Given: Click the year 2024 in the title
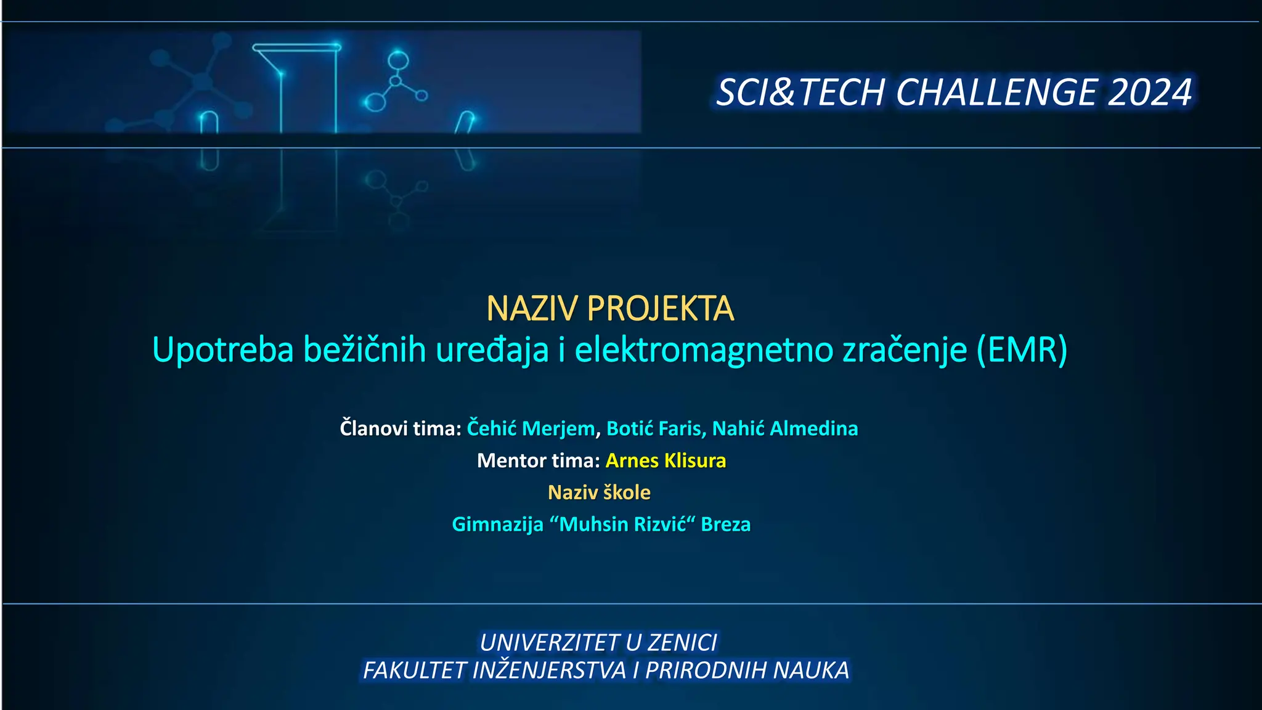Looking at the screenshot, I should click(x=1150, y=92).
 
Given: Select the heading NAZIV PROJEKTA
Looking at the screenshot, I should click(x=610, y=308).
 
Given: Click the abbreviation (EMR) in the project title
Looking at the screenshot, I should click(x=1022, y=349).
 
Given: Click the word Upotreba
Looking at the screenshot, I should click(x=222, y=349).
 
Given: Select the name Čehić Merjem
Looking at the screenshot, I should click(x=531, y=428).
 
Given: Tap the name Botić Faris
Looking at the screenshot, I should click(x=654, y=428).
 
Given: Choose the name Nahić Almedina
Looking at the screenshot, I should click(x=785, y=428).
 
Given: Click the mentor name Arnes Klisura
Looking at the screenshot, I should click(x=666, y=460).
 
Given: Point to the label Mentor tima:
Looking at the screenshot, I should click(x=538, y=460).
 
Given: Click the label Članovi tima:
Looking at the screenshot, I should click(x=401, y=428).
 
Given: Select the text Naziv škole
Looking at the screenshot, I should click(x=599, y=492).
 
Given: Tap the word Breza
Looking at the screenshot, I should click(x=726, y=524).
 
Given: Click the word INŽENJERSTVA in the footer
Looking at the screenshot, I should click(x=549, y=671).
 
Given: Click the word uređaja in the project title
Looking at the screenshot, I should click(x=492, y=349).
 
